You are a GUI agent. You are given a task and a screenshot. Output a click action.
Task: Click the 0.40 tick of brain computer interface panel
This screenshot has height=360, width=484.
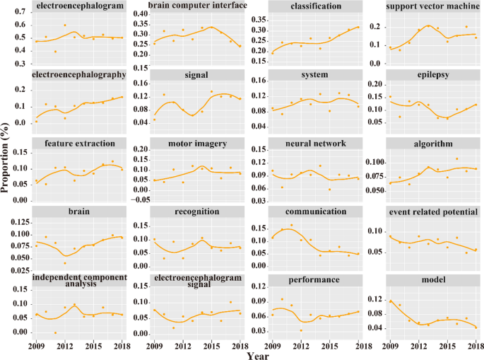point(139,14)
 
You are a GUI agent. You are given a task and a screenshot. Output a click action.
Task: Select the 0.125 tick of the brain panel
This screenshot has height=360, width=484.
point(22,222)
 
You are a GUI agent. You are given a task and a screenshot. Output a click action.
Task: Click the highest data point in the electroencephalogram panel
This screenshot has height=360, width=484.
point(65,25)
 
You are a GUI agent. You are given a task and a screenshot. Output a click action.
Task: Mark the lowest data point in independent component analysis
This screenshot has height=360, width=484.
point(56,332)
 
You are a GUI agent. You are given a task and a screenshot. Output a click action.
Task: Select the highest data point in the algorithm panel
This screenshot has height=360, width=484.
point(456,159)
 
